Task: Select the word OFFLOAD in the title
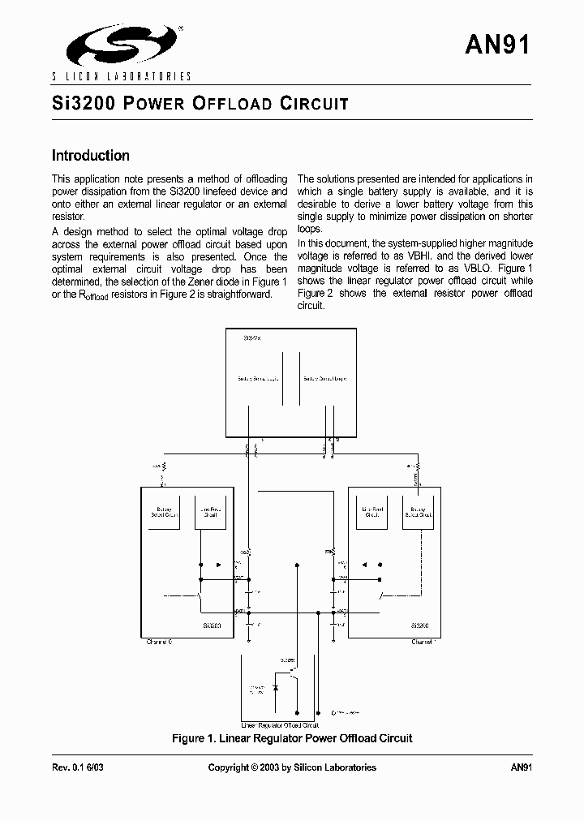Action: click(x=232, y=104)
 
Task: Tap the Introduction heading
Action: click(x=91, y=156)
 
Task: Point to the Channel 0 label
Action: click(x=159, y=642)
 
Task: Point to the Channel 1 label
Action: click(x=423, y=642)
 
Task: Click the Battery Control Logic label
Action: click(x=324, y=379)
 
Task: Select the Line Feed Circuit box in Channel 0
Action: click(x=210, y=512)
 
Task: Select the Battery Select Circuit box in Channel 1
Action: click(x=417, y=512)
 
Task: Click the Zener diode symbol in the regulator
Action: click(x=277, y=687)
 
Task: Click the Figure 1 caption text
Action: click(x=292, y=738)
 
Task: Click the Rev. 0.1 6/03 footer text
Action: click(x=78, y=767)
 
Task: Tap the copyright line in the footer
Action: click(x=292, y=767)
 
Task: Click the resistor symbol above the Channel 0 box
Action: click(x=164, y=467)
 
